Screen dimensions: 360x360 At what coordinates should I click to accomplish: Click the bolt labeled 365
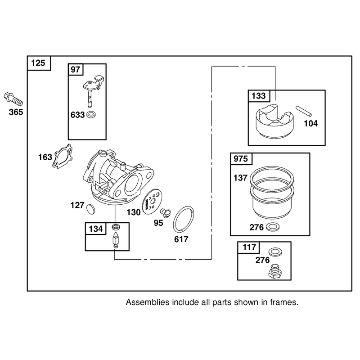tap(13, 99)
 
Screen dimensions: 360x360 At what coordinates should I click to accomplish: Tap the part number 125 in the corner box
tap(38, 63)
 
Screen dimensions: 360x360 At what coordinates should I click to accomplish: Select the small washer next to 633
tap(91, 114)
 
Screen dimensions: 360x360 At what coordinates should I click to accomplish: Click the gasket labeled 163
tap(63, 156)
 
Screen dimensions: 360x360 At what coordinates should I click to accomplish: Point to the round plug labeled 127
tap(90, 209)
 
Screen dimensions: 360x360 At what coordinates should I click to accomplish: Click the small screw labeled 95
tap(165, 213)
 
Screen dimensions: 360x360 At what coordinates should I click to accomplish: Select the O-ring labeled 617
tap(183, 219)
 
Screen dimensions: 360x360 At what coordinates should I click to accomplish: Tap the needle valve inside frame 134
tap(116, 240)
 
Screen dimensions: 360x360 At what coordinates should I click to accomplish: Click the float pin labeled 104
tap(304, 111)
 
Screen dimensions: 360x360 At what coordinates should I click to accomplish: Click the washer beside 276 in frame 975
tap(273, 227)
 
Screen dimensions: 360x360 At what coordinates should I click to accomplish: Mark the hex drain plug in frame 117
tap(275, 271)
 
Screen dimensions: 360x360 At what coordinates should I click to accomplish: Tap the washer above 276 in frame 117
tap(275, 252)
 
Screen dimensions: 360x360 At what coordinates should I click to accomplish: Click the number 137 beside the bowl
tap(240, 178)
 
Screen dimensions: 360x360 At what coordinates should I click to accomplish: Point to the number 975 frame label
tap(241, 159)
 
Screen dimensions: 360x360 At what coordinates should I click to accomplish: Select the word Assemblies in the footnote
tap(148, 302)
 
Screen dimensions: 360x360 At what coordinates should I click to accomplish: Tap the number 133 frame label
tap(259, 96)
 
